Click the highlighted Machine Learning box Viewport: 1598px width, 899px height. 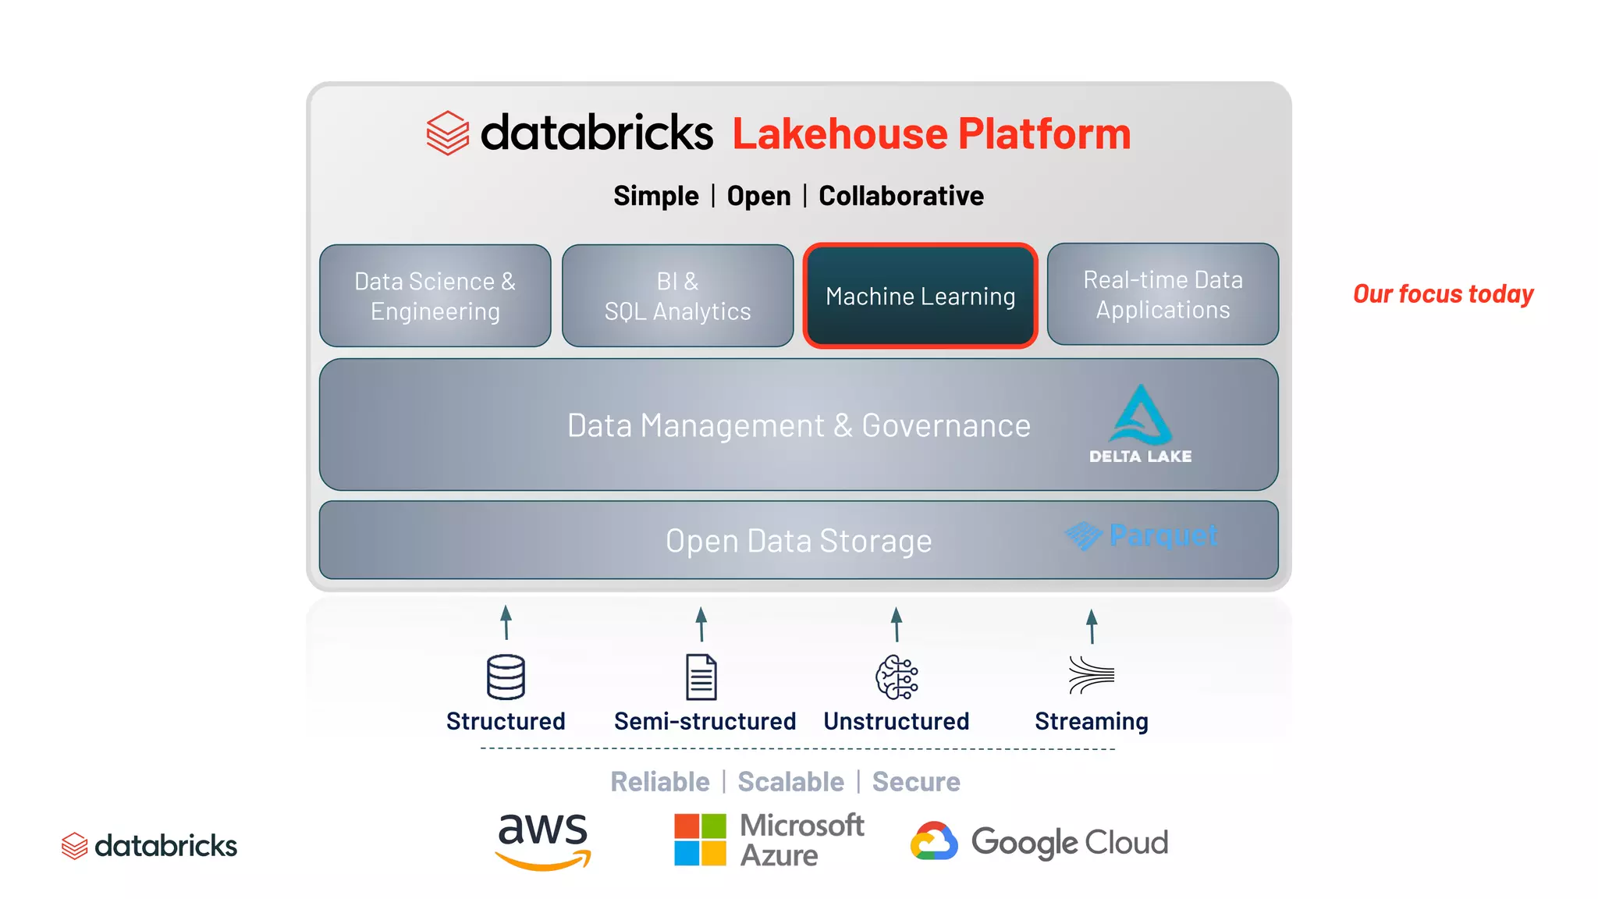pos(920,296)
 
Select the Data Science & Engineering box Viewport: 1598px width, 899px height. pos(435,296)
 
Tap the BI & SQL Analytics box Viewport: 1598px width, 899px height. pos(677,296)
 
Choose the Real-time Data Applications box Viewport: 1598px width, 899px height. pos(1163,294)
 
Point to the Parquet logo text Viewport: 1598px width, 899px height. pos(1163,535)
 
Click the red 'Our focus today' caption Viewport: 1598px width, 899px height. pos(1443,294)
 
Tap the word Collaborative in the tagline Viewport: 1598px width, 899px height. pos(900,196)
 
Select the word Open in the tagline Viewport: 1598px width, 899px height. pos(758,196)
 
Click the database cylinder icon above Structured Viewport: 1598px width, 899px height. pos(506,677)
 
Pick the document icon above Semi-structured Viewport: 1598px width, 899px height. pos(701,677)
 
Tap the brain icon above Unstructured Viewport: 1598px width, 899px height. pos(897,677)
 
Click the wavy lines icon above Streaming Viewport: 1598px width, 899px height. pos(1091,675)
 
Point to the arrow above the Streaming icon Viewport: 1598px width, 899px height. pos(1092,626)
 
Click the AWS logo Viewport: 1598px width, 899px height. pos(543,841)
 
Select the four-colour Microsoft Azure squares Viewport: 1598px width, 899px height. pos(700,840)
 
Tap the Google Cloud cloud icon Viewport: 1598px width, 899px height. pos(934,841)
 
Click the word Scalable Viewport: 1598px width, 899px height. pos(790,782)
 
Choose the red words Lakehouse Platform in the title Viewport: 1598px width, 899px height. pos(931,133)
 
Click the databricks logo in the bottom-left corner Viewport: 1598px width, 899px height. pos(149,846)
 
